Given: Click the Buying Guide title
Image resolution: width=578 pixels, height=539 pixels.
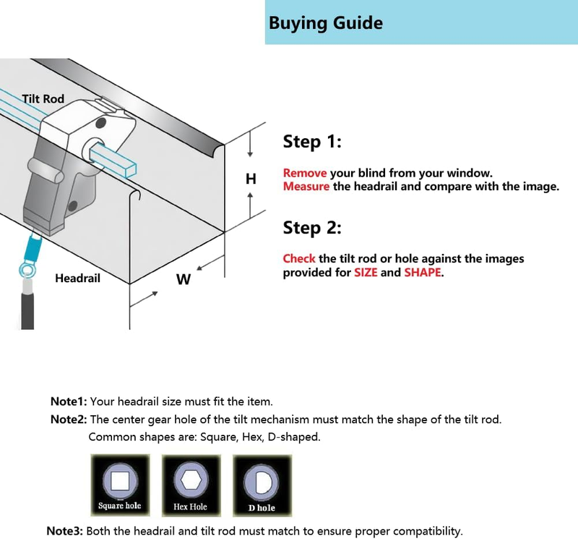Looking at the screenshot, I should click(x=325, y=23).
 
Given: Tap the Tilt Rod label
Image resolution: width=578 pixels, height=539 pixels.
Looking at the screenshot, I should click(x=43, y=98).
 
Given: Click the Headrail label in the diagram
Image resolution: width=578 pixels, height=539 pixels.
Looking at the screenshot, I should click(x=77, y=278).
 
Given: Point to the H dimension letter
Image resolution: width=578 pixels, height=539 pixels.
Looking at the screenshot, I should click(x=251, y=179).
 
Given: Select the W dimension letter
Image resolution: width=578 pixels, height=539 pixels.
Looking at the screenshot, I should click(x=184, y=279).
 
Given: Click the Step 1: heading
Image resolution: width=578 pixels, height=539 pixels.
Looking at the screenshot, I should click(x=311, y=142).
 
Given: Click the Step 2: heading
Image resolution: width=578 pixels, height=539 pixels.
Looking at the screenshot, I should click(x=311, y=228).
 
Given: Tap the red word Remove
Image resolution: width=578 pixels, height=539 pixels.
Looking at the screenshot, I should click(x=304, y=174).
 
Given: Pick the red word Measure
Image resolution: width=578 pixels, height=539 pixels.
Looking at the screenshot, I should click(x=306, y=187).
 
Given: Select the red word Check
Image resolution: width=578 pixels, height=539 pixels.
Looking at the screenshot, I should click(x=299, y=259).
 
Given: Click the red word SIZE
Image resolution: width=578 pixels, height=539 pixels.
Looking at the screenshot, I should click(x=365, y=273).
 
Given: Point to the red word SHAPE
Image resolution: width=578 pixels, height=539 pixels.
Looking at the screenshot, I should click(x=423, y=273).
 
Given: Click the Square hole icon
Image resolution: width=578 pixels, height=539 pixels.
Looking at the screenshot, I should click(x=120, y=483).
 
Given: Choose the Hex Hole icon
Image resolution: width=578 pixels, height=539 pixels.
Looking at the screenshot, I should click(x=191, y=483).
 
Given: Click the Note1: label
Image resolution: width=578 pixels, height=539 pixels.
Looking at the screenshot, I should click(x=69, y=402).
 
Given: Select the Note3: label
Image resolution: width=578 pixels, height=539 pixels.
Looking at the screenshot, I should click(x=65, y=531).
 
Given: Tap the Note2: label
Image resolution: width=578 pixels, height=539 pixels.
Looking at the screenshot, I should click(x=69, y=420).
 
